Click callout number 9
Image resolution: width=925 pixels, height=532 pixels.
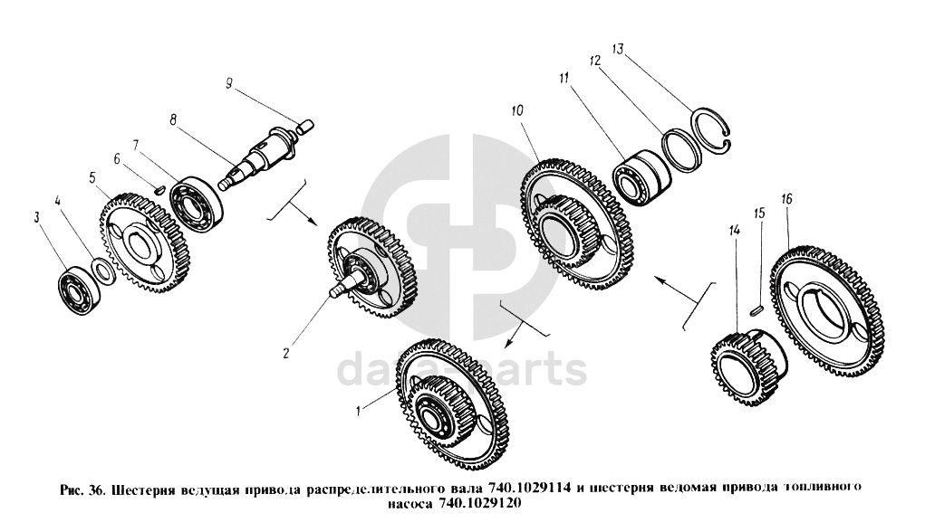pos(229,83)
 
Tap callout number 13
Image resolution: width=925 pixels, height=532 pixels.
pos(618,49)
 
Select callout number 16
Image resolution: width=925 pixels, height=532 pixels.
pos(786,198)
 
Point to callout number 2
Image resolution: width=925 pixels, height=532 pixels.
pos(285,354)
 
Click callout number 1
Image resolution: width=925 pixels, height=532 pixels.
pos(358,412)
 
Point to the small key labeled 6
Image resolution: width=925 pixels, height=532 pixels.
pos(159,189)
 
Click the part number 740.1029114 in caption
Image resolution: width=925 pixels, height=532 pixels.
pos(528,489)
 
